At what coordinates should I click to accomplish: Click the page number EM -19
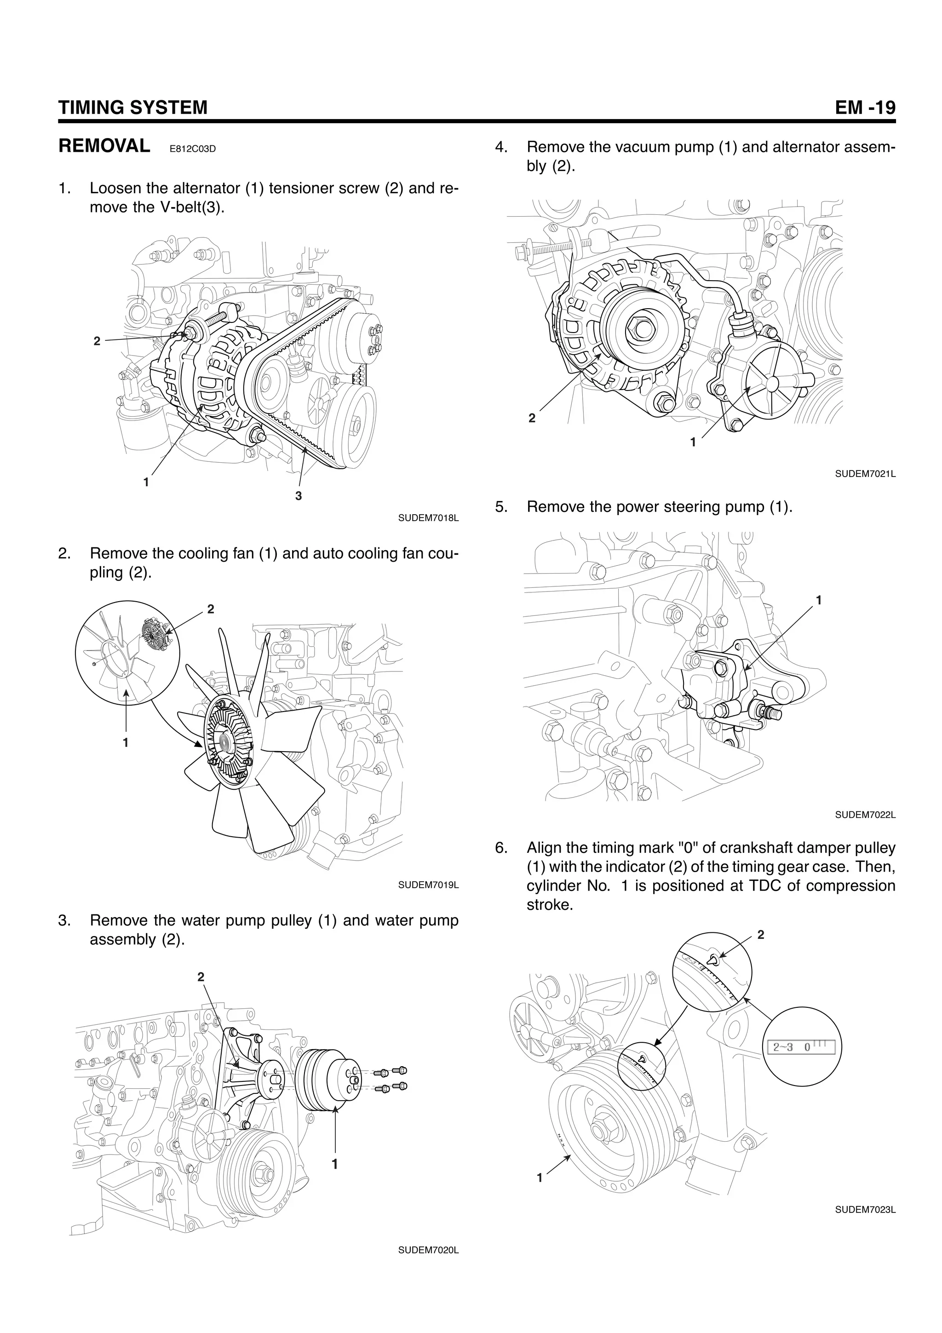point(865,108)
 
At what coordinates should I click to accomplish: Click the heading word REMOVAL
point(104,146)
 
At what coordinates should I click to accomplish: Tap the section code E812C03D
point(192,149)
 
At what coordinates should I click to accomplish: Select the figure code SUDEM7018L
point(428,518)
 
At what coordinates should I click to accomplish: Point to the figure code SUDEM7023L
point(865,1210)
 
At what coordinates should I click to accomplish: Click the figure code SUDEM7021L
point(865,474)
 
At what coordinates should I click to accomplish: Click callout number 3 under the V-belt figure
point(299,496)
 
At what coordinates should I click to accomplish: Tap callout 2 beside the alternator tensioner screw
point(97,341)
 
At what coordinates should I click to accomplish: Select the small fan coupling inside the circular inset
point(155,633)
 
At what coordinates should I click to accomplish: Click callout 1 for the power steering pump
point(818,600)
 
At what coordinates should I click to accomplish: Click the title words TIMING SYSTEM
point(133,108)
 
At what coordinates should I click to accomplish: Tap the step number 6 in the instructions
point(501,848)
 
